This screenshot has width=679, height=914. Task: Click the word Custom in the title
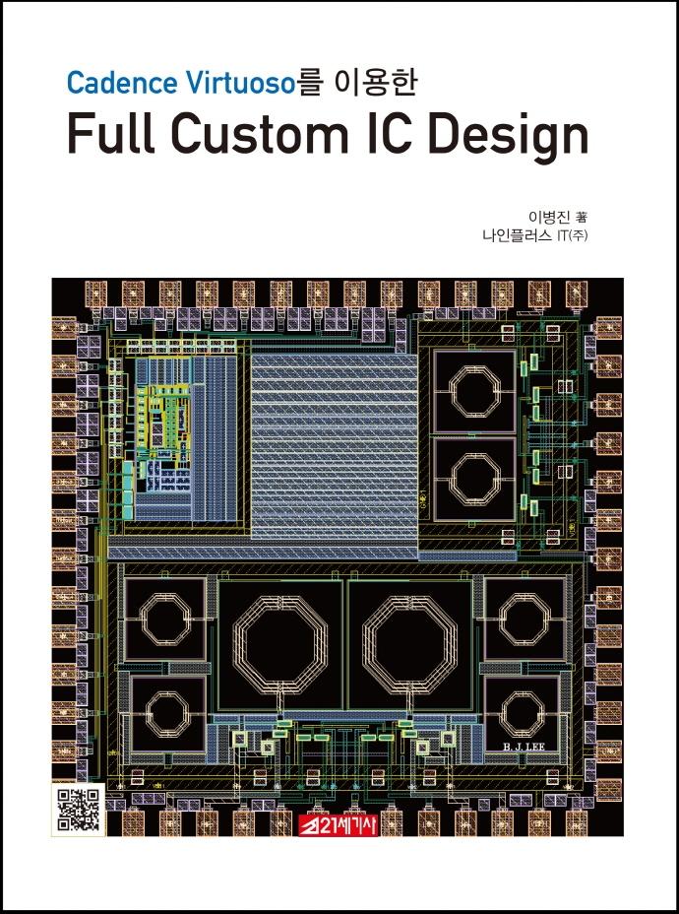[x=259, y=134]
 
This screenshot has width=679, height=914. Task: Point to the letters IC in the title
[x=389, y=134]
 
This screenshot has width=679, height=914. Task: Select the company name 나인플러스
[x=517, y=236]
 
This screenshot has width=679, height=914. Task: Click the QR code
[x=79, y=810]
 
